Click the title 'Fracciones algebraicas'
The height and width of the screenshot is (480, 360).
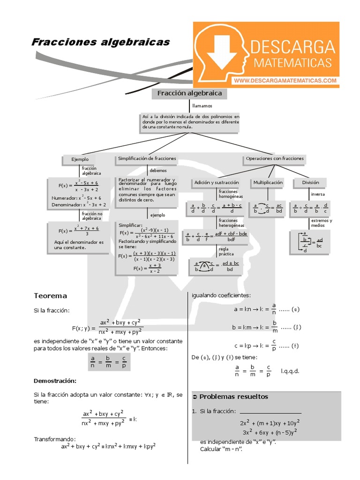[100, 43]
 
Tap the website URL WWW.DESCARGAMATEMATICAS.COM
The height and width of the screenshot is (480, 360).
[285, 81]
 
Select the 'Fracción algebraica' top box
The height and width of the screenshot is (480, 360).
[189, 94]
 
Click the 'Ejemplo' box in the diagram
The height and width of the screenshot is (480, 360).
[80, 159]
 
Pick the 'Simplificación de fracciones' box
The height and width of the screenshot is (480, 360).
[147, 159]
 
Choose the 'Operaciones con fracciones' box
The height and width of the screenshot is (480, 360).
[275, 159]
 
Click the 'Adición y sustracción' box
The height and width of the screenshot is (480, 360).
[217, 182]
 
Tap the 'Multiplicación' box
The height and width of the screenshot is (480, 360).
[268, 182]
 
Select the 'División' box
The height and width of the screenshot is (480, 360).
[310, 182]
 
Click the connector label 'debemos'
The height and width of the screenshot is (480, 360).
[158, 171]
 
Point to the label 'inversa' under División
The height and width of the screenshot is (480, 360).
[318, 194]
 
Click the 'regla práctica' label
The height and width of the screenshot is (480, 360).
[226, 251]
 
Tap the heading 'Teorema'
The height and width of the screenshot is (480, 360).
[50, 296]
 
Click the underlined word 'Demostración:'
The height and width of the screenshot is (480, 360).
[55, 380]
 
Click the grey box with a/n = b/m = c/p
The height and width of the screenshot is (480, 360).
[108, 361]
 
